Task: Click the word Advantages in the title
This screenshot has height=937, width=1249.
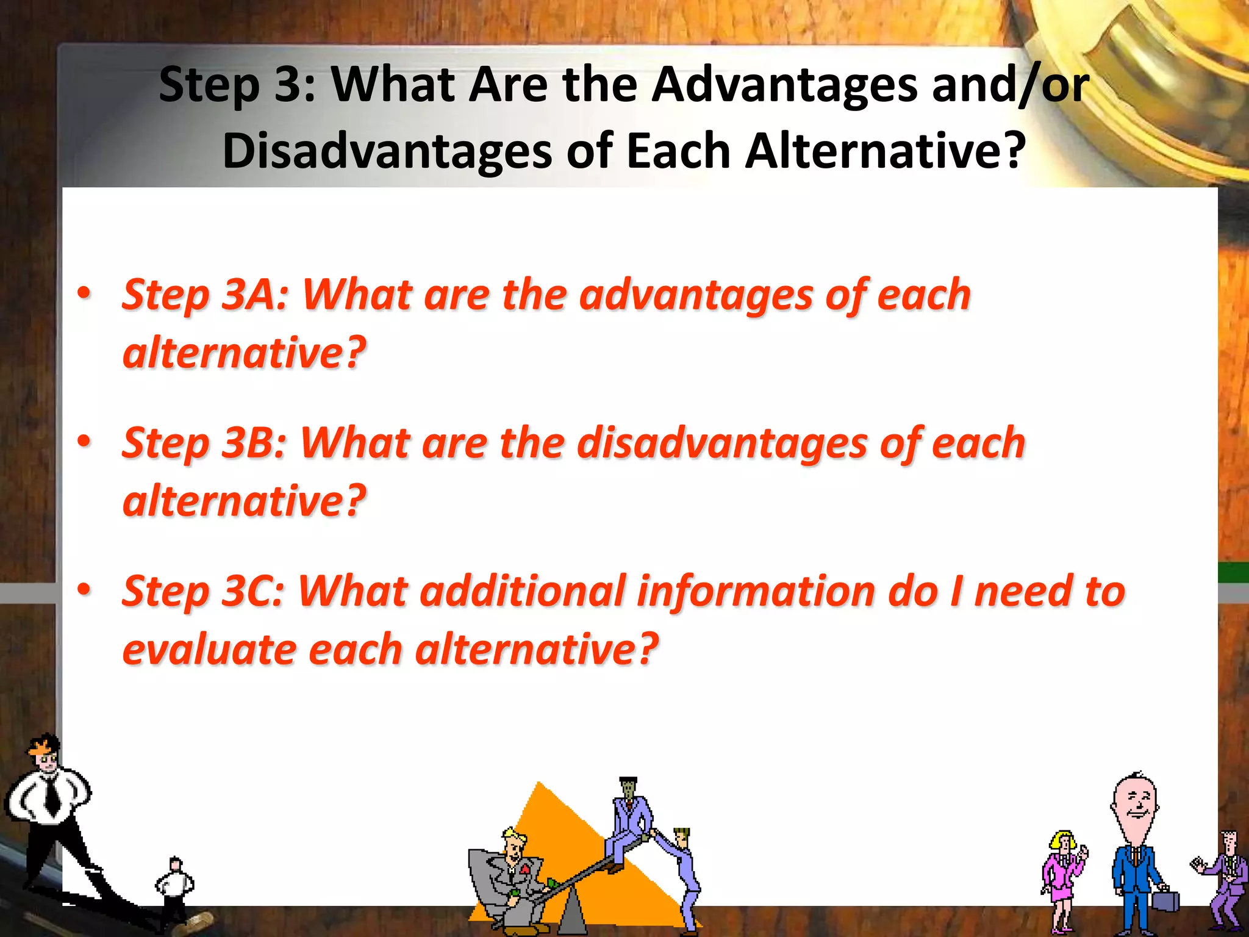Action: coord(784,85)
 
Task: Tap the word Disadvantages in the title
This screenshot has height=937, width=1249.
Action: coord(387,151)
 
